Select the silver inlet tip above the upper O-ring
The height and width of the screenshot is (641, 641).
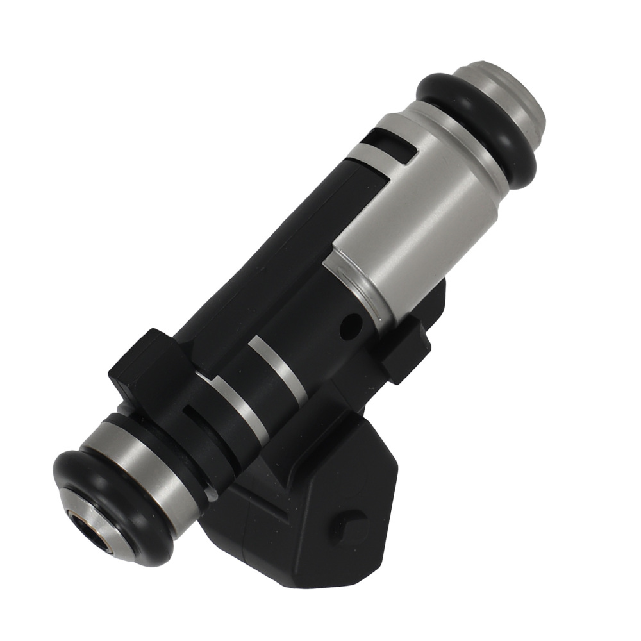click(513, 96)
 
